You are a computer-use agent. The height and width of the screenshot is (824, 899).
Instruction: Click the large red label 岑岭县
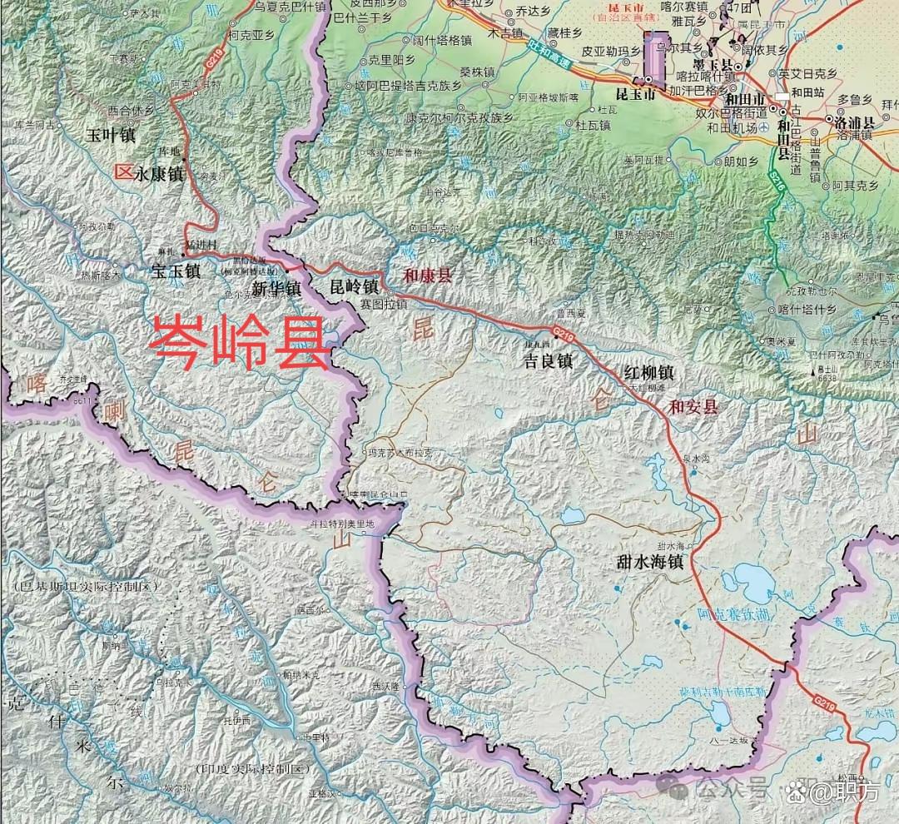(240, 341)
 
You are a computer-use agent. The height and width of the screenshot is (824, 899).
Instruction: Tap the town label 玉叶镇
(112, 134)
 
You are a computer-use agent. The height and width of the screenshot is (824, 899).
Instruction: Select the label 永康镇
(153, 174)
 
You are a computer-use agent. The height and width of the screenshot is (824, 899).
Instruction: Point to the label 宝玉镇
(176, 271)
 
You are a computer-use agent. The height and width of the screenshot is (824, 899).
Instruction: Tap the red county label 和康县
(427, 275)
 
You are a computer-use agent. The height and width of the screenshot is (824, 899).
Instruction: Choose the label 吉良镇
(547, 361)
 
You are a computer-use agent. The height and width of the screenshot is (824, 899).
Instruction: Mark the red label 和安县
(693, 407)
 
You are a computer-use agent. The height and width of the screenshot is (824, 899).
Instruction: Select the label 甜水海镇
(650, 562)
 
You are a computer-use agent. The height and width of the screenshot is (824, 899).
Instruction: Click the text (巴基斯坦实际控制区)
(85, 587)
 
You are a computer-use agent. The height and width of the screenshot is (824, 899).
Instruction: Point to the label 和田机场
(733, 127)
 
